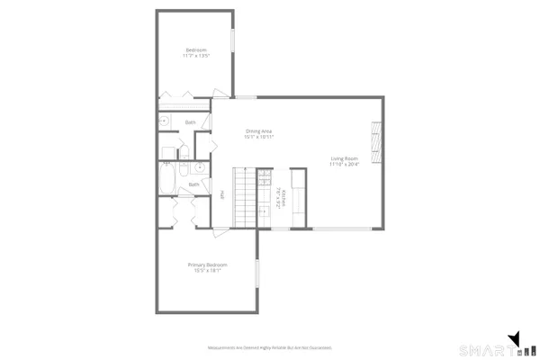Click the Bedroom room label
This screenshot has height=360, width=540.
coord(197,49)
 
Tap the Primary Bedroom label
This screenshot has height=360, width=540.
coord(208,265)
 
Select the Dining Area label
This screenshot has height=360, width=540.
coord(259,131)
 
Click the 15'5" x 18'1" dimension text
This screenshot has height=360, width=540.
coord(208,271)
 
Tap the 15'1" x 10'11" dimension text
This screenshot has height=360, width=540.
coord(259,138)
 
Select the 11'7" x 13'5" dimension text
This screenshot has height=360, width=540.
coord(197,55)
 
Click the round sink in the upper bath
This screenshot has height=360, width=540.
coord(165,120)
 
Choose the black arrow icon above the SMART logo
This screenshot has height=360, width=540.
coord(515,338)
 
